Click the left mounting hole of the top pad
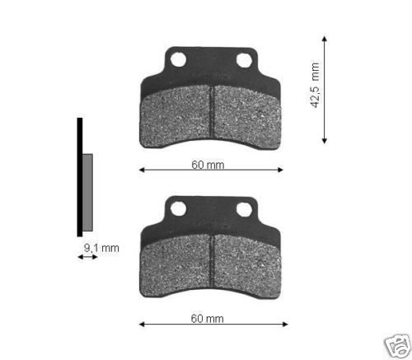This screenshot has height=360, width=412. point(178,59)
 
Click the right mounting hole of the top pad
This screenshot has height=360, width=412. point(244,60)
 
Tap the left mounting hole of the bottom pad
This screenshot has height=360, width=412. point(178,209)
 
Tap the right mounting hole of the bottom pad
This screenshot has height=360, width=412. point(244,210)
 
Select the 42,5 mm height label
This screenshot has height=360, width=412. point(315,85)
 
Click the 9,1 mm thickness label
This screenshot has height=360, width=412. point(101,248)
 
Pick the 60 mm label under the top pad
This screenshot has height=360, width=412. point(208,165)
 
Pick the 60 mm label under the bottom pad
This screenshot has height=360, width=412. point(208,319)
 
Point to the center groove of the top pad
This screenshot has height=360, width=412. point(212,112)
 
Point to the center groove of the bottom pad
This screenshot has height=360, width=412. point(212,261)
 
